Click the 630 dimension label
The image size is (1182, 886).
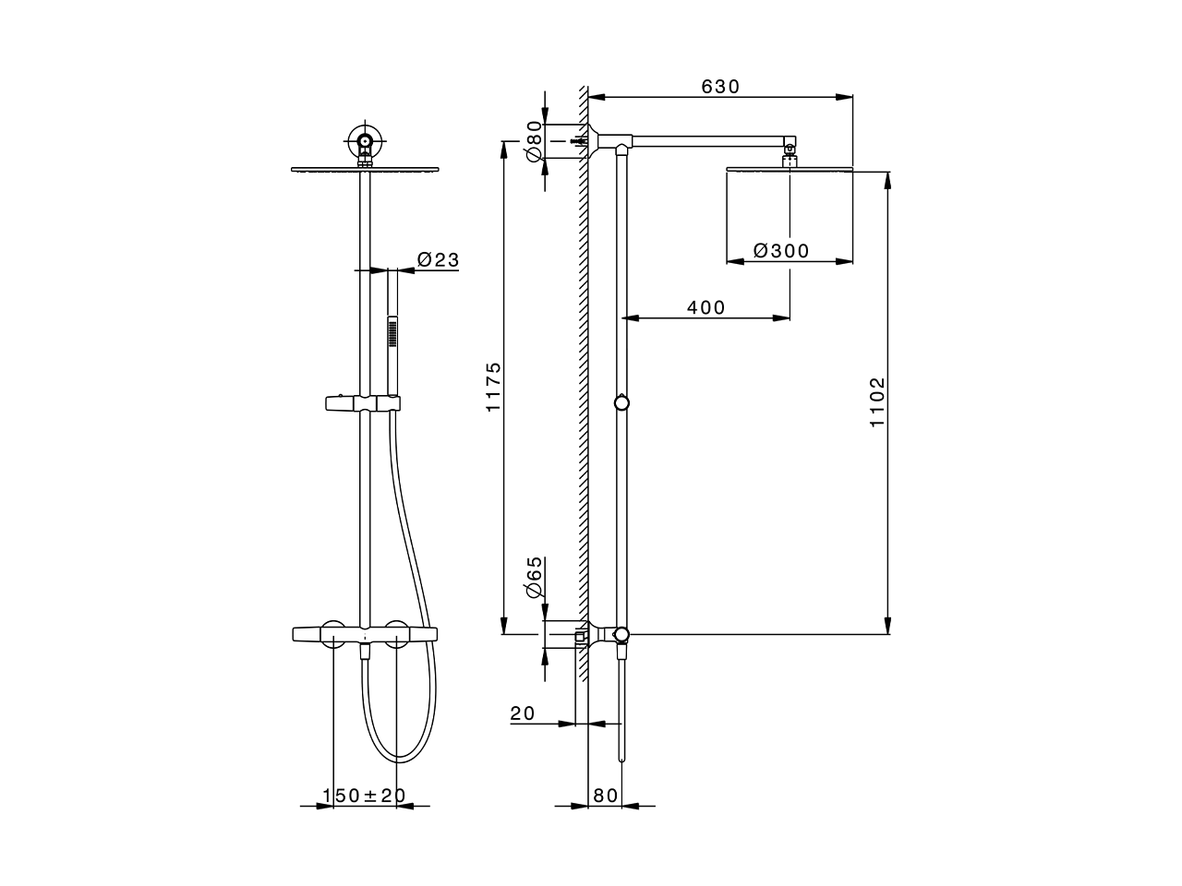720,87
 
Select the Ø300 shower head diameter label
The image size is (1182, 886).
781,251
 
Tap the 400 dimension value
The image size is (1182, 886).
706,307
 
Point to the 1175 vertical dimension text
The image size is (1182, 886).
493,387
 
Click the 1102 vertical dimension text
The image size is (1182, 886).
877,401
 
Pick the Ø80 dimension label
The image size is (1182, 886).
533,141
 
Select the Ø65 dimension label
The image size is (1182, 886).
533,580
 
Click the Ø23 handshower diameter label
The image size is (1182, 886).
437,260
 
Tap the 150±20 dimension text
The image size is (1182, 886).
364,796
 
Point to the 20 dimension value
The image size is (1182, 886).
523,713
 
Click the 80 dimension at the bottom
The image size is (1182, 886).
605,796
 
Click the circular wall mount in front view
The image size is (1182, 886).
366,142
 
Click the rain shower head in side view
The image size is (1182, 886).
790,169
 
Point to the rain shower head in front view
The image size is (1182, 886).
366,169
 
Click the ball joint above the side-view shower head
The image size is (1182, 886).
789,149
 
